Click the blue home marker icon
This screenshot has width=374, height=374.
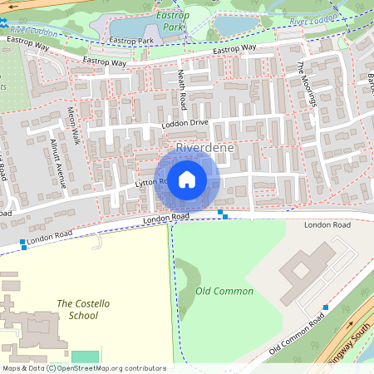187,179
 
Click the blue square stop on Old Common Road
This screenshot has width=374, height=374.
326,308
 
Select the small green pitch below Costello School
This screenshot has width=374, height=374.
85,357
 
